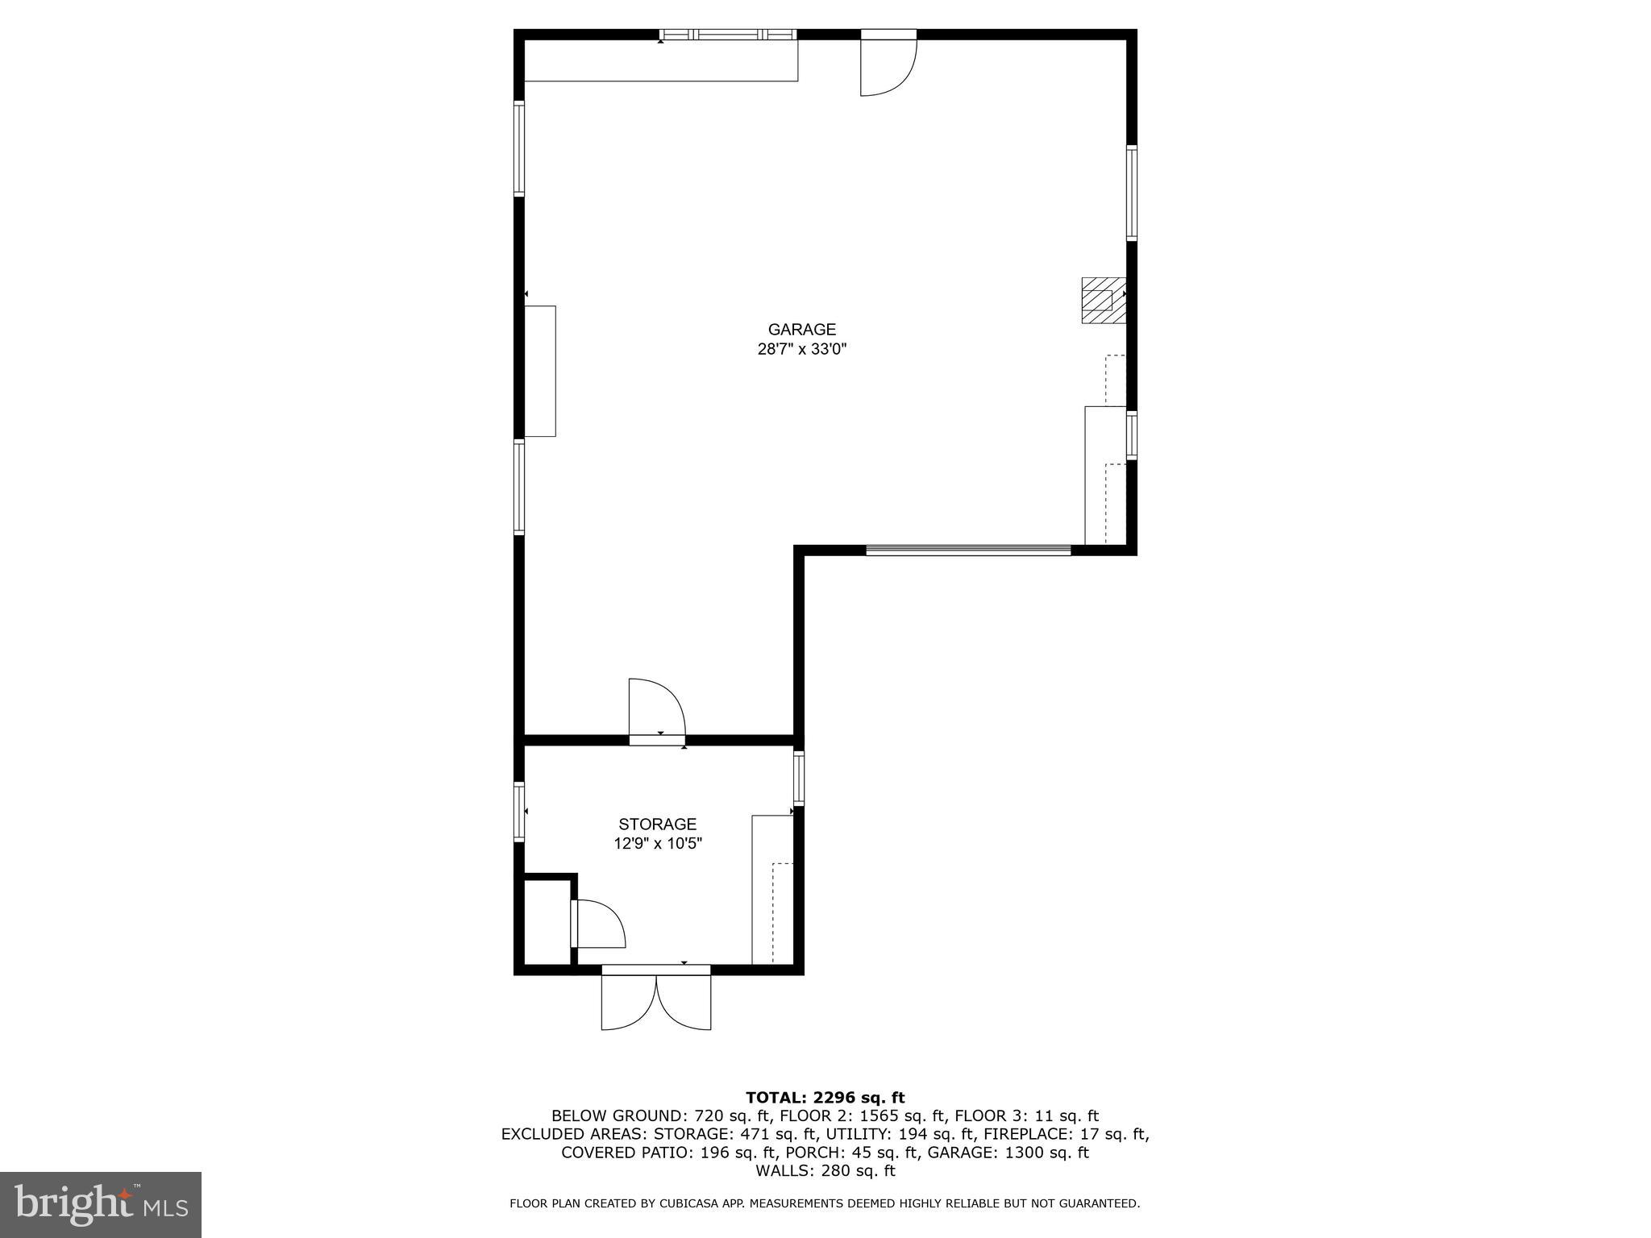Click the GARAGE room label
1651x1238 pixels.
coord(801,329)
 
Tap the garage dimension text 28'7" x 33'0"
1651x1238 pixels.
coord(801,349)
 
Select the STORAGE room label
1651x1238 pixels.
coord(657,824)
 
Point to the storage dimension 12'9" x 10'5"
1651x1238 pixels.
coord(657,844)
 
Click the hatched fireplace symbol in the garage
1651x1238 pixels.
coord(1102,300)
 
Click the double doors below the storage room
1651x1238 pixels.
coord(656,999)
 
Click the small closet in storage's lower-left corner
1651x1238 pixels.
coord(547,922)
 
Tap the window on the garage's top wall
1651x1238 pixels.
coord(728,35)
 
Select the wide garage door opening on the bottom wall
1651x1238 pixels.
coord(968,550)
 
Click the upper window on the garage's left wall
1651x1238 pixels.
coord(519,148)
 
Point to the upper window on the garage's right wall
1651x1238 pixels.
coord(1131,193)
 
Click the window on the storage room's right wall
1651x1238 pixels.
coord(798,778)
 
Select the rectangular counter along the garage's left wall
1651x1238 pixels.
coord(540,371)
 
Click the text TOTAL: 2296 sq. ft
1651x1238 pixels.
coord(825,1098)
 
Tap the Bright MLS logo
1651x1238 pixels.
coord(100,1204)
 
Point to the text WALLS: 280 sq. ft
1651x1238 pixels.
coord(825,1171)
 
